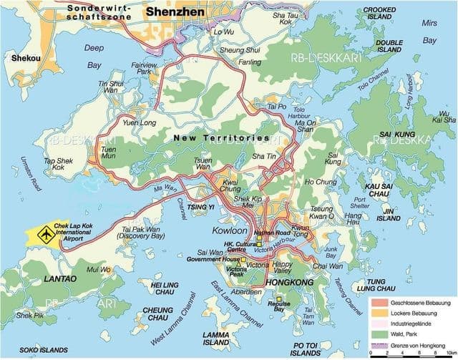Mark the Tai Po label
pyautogui.click(x=276, y=107)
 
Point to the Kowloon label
pyautogui.click(x=229, y=230)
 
